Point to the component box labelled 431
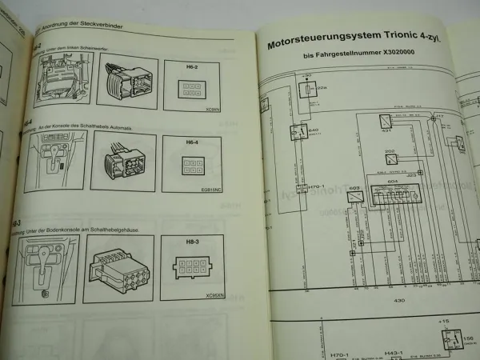click(x=386, y=122)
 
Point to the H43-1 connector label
click(x=393, y=352)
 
